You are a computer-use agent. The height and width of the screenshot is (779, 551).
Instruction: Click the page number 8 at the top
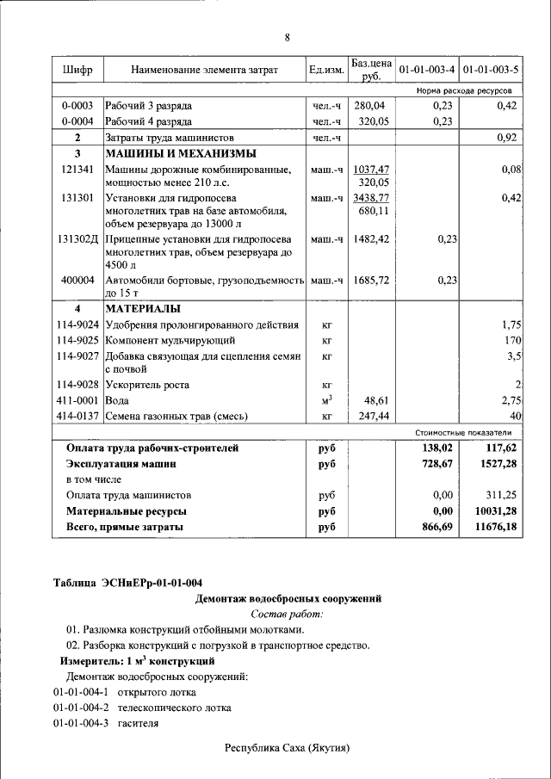[287, 37]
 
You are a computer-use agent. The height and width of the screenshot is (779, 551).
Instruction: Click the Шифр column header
[77, 69]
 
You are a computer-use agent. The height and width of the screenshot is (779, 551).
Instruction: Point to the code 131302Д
[78, 238]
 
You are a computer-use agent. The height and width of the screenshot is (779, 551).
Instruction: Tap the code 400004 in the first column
[77, 280]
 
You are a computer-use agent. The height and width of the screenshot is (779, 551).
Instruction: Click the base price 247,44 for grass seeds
[372, 416]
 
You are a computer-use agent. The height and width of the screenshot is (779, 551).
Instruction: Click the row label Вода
[118, 400]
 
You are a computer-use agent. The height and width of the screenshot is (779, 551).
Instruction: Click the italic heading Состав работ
[287, 614]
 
